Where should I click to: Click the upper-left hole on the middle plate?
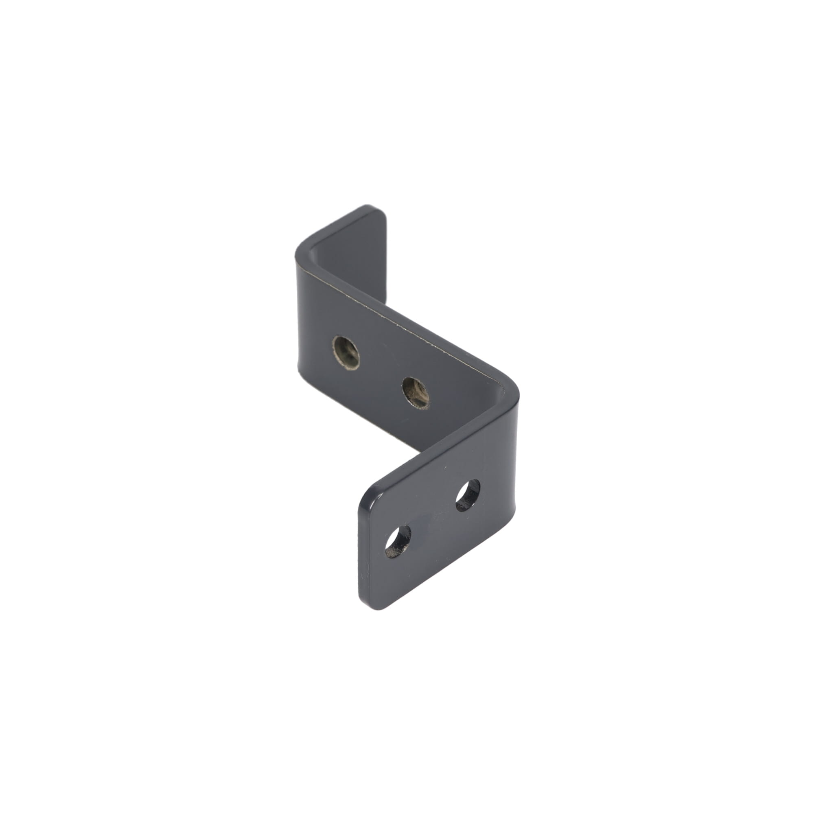click(x=346, y=352)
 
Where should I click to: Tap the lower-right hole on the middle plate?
click(x=416, y=393)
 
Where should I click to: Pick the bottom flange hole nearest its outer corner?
click(x=398, y=541)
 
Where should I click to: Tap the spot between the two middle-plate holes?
click(x=381, y=373)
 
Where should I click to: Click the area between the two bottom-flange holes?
click(x=433, y=518)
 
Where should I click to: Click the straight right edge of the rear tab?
click(x=386, y=261)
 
